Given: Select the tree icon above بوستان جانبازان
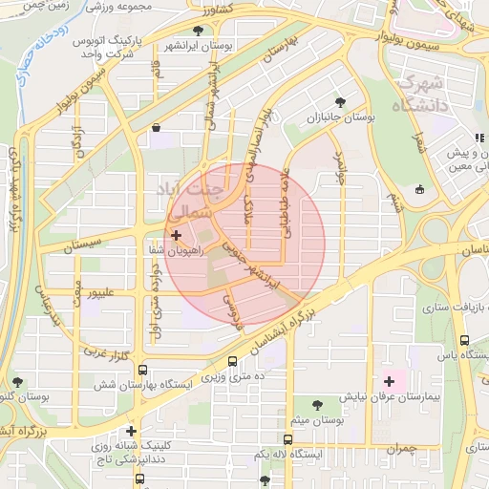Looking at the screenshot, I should [x=340, y=101].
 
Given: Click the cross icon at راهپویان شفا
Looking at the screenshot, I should [x=176, y=234].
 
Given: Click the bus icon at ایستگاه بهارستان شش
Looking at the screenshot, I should [x=142, y=370].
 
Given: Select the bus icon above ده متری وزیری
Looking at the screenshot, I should [x=233, y=362].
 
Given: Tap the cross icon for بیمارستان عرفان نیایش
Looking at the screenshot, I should [x=389, y=381].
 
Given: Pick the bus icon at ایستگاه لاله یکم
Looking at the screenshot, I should [x=288, y=439].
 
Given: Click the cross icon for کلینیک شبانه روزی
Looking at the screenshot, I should [x=131, y=431].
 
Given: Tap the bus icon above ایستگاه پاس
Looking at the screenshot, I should [x=464, y=340].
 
